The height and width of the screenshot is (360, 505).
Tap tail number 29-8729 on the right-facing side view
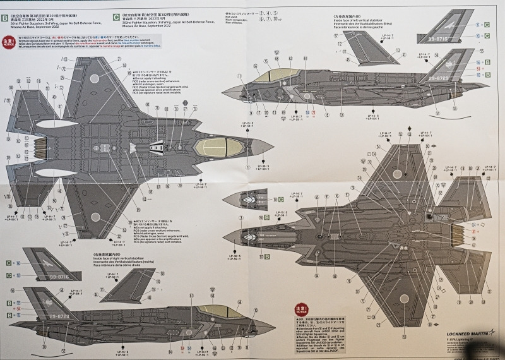click(x=56, y=316)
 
